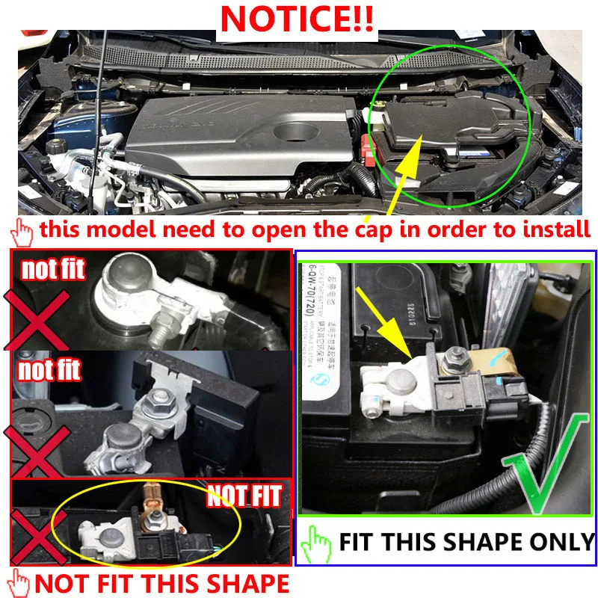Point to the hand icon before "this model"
25,231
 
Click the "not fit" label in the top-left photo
52,270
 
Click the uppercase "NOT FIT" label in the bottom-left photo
244,495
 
